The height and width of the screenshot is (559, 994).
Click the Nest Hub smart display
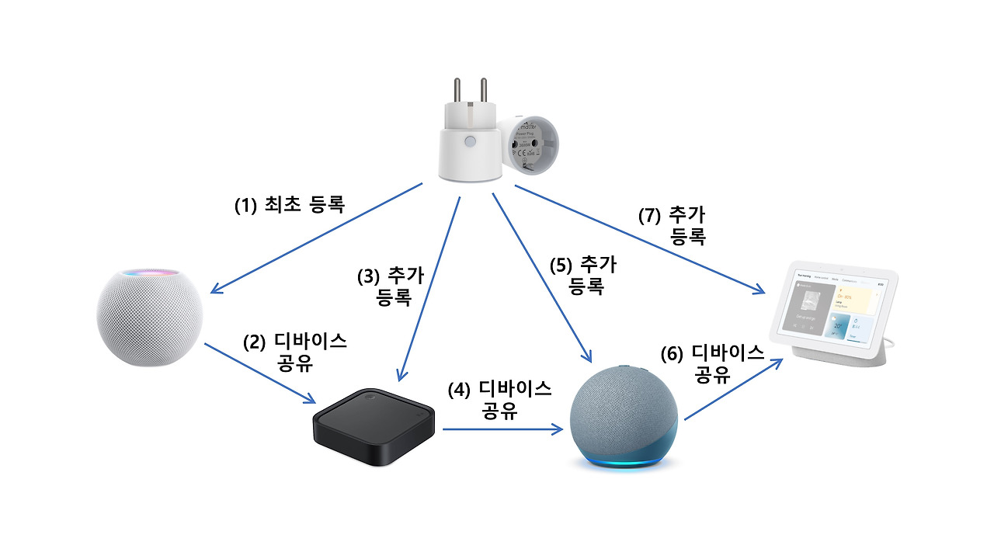pyautogui.click(x=836, y=314)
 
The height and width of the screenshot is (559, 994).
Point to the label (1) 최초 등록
pyautogui.click(x=290, y=205)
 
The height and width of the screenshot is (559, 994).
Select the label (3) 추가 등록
pyautogui.click(x=391, y=286)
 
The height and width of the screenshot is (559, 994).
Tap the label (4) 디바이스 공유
pyautogui.click(x=500, y=399)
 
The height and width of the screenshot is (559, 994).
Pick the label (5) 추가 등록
pyautogui.click(x=582, y=276)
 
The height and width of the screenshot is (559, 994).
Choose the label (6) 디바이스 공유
pyautogui.click(x=713, y=363)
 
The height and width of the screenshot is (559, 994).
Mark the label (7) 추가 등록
pyautogui.click(x=673, y=226)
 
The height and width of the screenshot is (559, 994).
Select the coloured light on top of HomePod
pyautogui.click(x=150, y=273)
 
